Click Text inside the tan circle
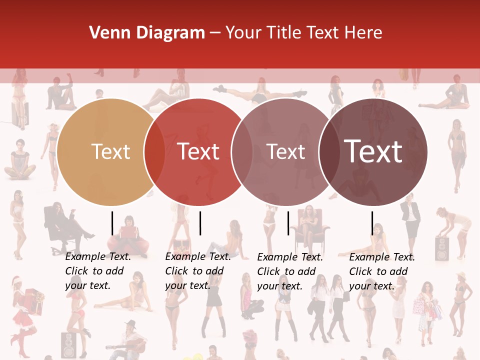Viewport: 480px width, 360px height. tap(110, 151)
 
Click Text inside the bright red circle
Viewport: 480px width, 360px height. tap(198, 151)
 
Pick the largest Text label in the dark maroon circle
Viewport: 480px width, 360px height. tap(373, 151)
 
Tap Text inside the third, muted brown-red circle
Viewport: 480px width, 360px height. tap(286, 151)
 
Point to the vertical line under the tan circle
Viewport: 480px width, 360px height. tap(112, 223)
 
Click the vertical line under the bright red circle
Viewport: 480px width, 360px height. tap(200, 223)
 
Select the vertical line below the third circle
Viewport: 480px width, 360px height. tap(288, 223)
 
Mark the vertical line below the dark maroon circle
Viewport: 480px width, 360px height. tap(372, 223)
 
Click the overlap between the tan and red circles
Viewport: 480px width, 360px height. tap(154, 152)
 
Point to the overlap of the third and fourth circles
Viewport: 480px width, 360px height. tap(329, 152)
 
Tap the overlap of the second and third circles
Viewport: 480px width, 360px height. tap(242, 152)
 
